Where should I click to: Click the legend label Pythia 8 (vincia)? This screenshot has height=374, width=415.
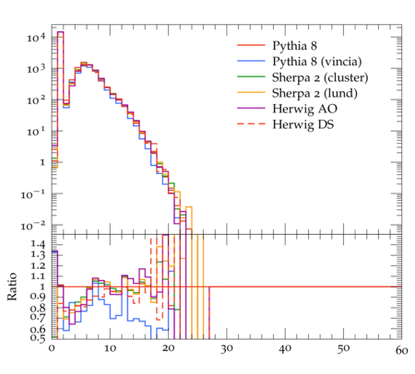317,62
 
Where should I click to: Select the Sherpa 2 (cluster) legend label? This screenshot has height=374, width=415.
320,77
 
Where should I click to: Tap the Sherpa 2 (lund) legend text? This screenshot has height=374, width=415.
314,93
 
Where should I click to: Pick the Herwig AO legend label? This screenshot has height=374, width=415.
304,109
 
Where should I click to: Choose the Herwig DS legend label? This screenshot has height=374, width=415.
303,124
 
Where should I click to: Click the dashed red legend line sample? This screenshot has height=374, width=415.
251,123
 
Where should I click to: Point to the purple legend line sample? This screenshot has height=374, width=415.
251,108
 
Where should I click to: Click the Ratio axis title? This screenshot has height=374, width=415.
12,286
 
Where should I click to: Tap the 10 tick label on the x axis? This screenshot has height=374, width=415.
110,349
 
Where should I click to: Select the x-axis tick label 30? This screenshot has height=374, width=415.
227,349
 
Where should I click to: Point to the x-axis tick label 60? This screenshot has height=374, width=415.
401,350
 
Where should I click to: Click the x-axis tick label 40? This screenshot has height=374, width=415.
285,349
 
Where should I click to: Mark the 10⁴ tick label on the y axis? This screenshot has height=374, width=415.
36,38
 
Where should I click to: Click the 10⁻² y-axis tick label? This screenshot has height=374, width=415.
33,226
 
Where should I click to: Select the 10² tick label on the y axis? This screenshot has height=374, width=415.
36,100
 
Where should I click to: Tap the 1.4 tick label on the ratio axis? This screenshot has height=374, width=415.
38,244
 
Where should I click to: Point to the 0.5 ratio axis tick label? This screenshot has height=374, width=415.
38,337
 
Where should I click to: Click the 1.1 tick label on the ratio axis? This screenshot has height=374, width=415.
38,276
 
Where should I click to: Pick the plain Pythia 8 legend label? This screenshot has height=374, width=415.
294,46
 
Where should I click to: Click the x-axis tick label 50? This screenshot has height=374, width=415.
343,349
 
